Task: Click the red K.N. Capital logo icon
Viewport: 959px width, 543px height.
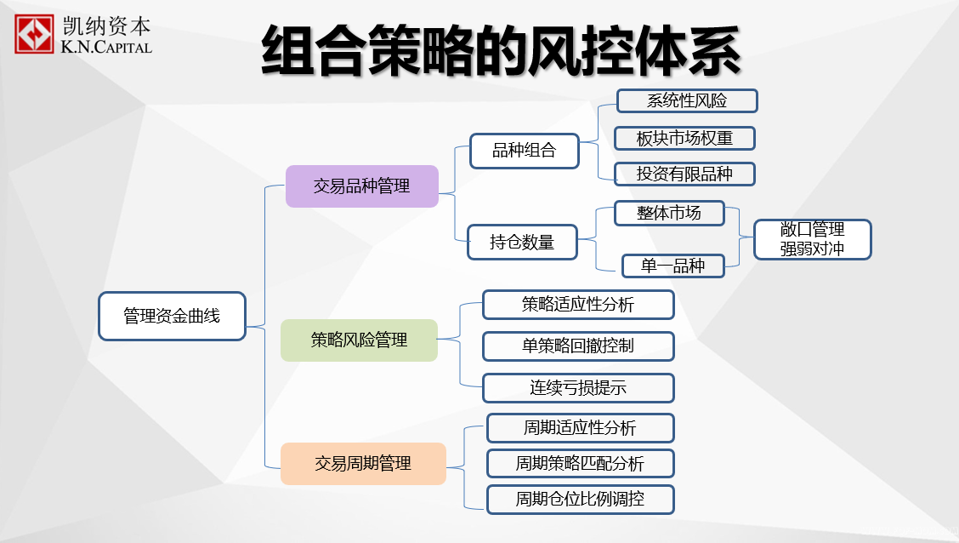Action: point(34,34)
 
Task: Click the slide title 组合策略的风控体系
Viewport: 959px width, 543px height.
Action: point(501,51)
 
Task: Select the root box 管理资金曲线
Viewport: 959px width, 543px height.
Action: point(172,316)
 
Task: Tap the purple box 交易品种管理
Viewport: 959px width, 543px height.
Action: point(362,186)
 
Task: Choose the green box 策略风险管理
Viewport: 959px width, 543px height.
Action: point(359,340)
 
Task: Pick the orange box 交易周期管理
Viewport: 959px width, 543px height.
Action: point(363,463)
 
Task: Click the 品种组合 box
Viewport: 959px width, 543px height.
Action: point(525,151)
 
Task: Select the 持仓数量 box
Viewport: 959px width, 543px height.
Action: point(522,243)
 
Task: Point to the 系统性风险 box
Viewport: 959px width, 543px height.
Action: point(687,101)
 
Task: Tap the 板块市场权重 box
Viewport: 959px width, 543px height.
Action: point(684,139)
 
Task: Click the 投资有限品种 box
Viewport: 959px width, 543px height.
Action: point(684,174)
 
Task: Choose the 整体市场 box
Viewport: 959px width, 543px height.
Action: point(669,213)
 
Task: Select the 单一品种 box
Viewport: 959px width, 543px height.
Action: point(672,266)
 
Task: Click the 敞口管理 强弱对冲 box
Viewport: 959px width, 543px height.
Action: point(812,239)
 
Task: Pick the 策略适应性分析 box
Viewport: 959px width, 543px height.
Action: point(578,304)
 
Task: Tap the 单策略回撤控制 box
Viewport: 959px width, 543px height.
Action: point(578,346)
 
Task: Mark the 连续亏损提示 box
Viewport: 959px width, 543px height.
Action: point(578,387)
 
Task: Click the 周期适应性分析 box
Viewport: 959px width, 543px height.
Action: point(581,428)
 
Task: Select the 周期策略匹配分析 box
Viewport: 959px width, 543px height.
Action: point(581,463)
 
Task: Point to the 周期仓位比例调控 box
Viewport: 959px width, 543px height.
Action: point(581,499)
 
